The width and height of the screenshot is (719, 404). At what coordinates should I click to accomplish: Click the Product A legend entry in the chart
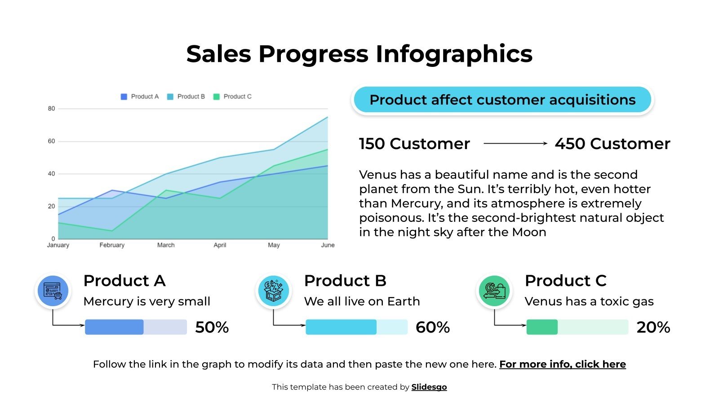point(140,97)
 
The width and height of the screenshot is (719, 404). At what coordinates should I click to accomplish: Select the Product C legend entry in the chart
point(233,97)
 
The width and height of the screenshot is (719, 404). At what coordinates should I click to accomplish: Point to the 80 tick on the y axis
point(51,109)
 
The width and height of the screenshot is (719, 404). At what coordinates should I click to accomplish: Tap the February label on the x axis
point(112,245)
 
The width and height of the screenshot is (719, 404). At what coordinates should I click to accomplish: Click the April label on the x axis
point(220,245)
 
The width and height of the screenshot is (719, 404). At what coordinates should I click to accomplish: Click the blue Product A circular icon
point(53,291)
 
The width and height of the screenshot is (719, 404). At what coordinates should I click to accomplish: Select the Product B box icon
point(274,291)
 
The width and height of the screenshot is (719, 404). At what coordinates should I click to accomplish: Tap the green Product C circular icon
point(494,291)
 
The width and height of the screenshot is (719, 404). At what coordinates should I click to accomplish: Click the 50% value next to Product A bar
point(212,327)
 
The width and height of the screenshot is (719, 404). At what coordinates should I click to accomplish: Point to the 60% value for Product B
point(432,327)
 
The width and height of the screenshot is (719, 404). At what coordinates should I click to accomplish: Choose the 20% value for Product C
point(653,327)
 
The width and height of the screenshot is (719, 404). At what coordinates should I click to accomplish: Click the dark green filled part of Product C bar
point(542,327)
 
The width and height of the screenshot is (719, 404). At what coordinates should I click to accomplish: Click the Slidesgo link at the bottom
point(429,387)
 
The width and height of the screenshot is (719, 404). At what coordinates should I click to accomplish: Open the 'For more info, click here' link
point(562,364)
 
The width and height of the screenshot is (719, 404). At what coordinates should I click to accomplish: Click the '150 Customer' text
point(414,144)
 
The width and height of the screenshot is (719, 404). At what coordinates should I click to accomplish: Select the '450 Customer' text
point(612,144)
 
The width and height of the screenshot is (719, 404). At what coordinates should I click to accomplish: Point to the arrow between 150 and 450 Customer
point(515,144)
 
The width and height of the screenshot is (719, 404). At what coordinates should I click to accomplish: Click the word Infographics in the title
point(454,54)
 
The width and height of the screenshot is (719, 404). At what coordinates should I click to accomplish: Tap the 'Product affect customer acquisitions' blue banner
point(502,100)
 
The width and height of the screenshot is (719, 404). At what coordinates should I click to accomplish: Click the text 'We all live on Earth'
point(362,301)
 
